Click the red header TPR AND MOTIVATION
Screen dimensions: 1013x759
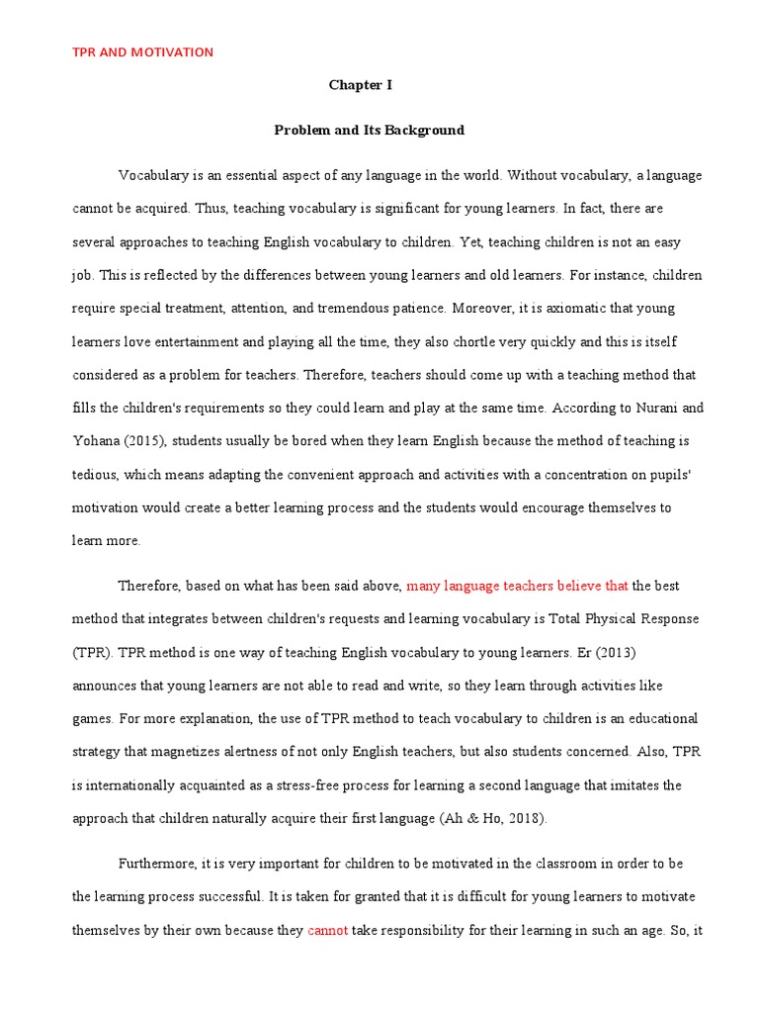coord(142,52)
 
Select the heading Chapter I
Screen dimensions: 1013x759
coord(360,85)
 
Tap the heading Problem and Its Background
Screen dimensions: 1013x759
coord(369,130)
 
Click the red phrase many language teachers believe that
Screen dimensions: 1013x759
coord(517,586)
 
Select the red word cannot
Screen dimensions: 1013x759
coord(328,931)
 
